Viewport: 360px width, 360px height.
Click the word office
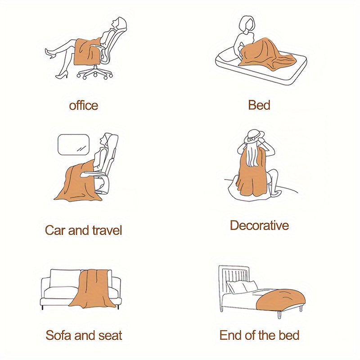84,105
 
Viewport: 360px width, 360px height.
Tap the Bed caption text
259,105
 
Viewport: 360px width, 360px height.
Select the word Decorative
259,225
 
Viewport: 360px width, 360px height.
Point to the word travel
107,230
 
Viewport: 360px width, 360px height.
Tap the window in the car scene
73,144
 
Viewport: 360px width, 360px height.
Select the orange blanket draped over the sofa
94,288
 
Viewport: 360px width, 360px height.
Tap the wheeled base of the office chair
95,72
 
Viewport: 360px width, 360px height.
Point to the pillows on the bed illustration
242,287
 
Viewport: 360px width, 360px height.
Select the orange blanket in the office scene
87,52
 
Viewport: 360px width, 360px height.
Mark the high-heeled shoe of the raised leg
51,53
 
